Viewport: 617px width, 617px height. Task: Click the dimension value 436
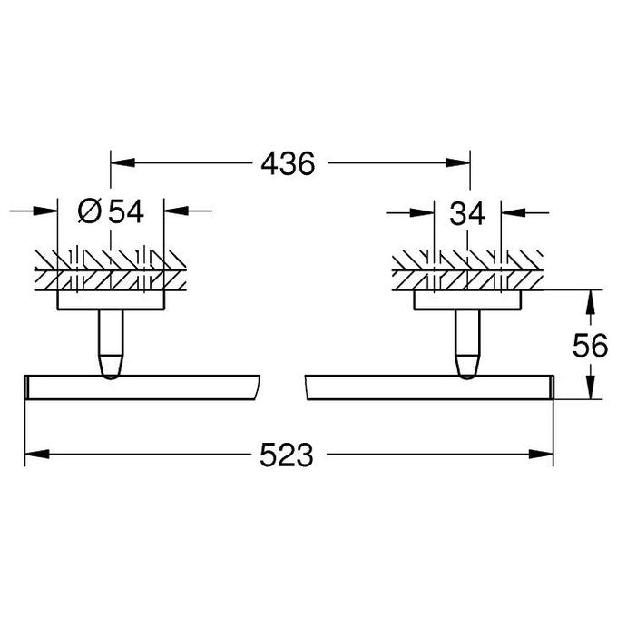click(288, 163)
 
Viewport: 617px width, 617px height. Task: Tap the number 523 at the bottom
click(287, 455)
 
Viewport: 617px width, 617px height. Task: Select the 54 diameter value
click(126, 211)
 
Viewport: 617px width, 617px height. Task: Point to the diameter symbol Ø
click(90, 211)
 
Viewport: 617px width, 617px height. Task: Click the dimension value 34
click(467, 213)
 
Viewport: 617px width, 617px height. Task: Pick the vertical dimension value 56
click(591, 346)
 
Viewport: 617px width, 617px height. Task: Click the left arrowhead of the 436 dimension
click(122, 162)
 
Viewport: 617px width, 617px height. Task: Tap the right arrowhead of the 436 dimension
click(458, 162)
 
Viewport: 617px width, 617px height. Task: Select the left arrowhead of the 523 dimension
click(37, 455)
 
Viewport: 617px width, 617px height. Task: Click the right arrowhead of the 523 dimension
click(541, 455)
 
